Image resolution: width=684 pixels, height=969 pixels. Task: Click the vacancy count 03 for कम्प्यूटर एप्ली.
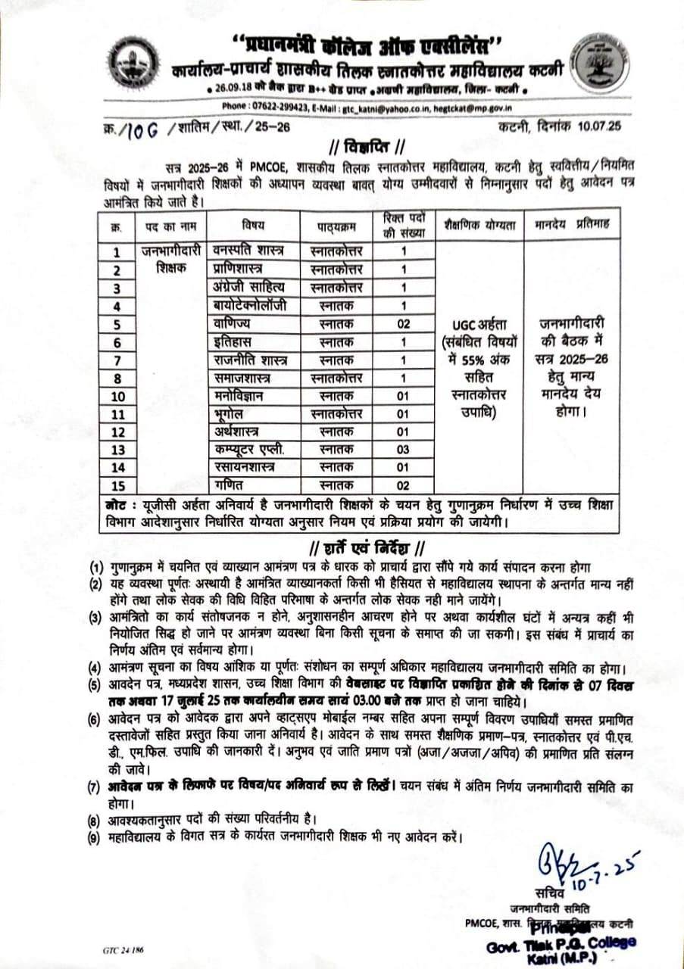(404, 450)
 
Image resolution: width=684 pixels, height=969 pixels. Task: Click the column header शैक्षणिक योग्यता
(481, 225)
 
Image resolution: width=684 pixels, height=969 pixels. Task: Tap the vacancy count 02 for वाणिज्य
(404, 323)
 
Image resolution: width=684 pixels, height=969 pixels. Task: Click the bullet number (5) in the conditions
(95, 686)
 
